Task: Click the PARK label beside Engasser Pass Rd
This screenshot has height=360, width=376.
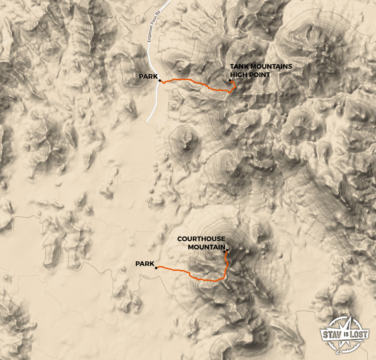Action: pyautogui.click(x=148, y=77)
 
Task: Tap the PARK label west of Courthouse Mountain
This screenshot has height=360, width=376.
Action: pyautogui.click(x=145, y=263)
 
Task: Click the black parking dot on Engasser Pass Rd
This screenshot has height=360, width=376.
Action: pyautogui.click(x=160, y=81)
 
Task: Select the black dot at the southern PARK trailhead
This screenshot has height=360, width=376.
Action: pyautogui.click(x=156, y=268)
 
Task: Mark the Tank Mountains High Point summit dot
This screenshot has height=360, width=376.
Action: pyautogui.click(x=230, y=80)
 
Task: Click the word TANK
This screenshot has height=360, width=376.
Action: pyautogui.click(x=238, y=67)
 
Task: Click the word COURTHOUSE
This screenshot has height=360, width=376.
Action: pyautogui.click(x=201, y=239)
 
